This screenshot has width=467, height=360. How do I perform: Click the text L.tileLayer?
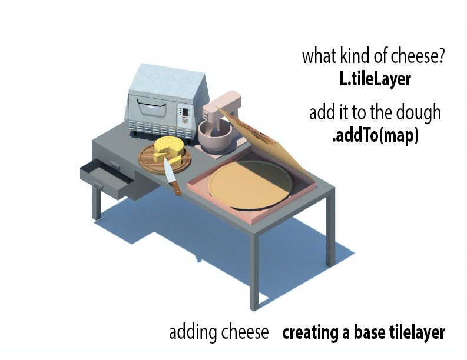pos(375,79)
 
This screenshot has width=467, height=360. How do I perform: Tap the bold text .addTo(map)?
pos(375,136)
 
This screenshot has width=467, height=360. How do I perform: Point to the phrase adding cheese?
pos(219,332)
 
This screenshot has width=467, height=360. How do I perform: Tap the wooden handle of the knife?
pos(175,188)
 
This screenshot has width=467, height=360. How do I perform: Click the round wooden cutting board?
pos(164,159)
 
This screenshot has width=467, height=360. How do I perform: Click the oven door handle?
pos(151,104)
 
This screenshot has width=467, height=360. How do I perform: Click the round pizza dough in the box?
pos(250,185)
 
